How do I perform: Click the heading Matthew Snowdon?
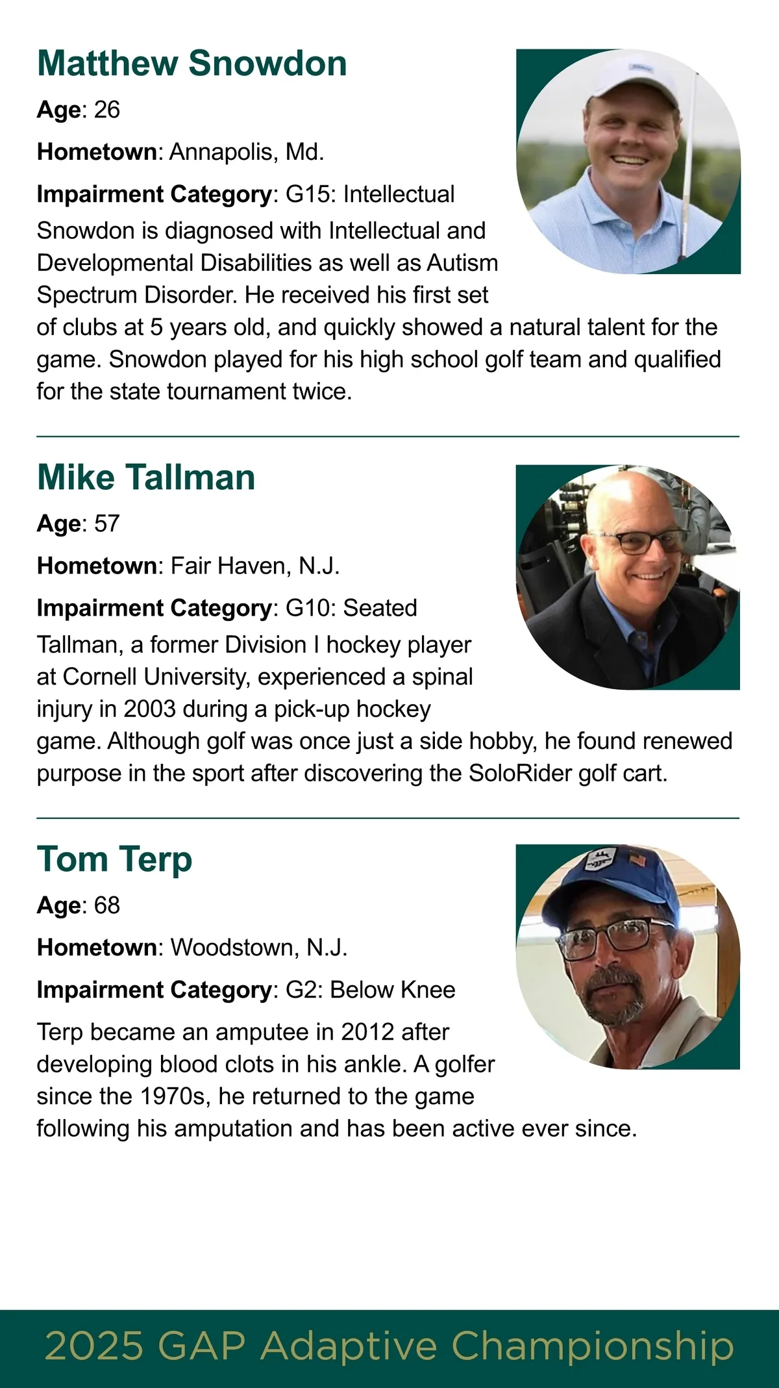point(192,64)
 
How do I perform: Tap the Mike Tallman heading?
point(146,477)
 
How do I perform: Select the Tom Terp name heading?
point(114,859)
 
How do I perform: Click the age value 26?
point(107,110)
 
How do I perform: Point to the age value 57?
point(107,524)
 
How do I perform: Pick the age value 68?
point(107,905)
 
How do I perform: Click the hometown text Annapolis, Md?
point(247,152)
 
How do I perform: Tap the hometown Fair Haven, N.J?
point(255,566)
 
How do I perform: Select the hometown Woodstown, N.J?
point(259,948)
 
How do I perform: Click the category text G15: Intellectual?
point(370,194)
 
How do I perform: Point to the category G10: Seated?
point(351,608)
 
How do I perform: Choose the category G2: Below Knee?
point(370,990)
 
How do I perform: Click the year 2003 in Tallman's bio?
point(150,709)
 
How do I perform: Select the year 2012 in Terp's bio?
point(367,1032)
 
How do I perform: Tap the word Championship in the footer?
point(592,1346)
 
